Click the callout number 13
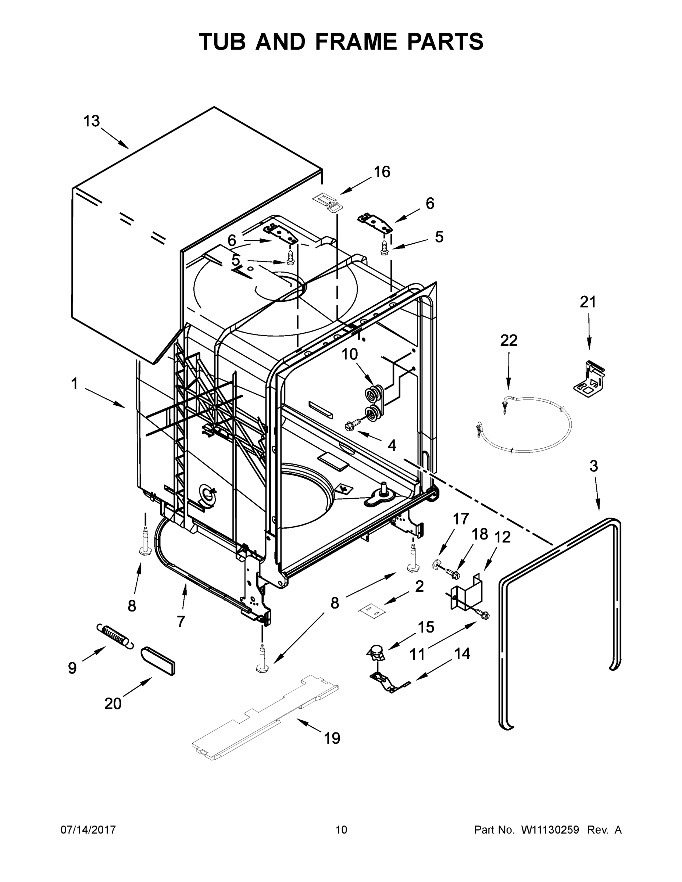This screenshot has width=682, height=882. click(91, 121)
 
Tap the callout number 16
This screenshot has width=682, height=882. click(381, 172)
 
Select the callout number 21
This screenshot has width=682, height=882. click(588, 302)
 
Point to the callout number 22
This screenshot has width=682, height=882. click(509, 340)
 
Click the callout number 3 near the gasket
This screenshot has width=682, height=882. click(593, 466)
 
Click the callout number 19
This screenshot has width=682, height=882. click(332, 739)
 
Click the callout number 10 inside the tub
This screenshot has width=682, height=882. click(350, 354)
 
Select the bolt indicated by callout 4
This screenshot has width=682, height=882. click(350, 425)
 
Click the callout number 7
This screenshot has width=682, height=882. click(181, 621)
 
